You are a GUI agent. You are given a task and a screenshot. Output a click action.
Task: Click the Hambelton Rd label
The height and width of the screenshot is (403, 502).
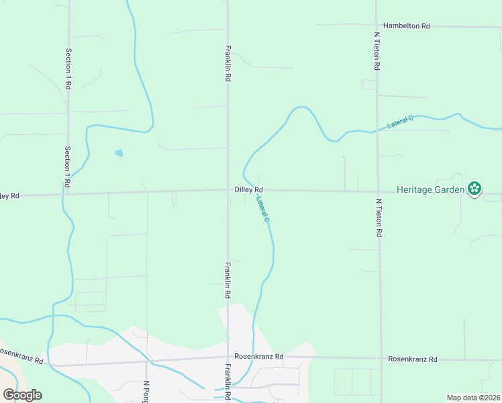coord(406,26)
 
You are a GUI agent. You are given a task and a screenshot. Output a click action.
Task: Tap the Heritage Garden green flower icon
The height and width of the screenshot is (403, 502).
coord(474,189)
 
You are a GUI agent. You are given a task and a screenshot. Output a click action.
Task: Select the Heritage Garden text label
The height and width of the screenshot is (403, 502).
coord(430,189)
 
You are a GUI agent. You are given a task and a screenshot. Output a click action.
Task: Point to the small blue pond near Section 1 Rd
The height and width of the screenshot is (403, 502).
coord(119,153)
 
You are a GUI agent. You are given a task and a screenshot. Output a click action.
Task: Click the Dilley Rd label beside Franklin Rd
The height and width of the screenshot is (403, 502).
coord(248,190)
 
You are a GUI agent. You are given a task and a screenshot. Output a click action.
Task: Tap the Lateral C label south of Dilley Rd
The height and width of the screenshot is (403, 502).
coord(262,209)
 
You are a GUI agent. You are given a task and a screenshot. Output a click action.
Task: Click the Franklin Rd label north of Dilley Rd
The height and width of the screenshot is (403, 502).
coord(228,64)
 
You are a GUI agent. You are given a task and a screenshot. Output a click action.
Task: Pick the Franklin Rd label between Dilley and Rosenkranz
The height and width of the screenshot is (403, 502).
coord(228,280)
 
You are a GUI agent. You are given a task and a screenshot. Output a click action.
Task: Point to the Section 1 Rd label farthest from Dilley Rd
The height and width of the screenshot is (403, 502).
coord(68,69)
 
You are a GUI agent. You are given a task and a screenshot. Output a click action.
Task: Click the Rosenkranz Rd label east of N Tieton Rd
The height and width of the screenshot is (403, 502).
coord(412,359)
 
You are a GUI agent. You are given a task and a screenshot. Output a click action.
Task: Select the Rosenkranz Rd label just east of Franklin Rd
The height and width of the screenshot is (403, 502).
coord(258,357)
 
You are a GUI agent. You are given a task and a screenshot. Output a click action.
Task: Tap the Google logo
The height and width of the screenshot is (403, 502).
coord(22,395)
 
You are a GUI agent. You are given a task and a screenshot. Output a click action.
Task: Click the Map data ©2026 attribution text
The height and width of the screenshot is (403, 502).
coord(473,398)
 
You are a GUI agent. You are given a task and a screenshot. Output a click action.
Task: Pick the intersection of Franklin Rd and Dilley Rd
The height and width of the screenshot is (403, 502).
coord(228,190)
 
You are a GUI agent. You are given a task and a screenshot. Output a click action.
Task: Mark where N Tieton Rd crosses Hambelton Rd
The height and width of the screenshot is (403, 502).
coord(376,26)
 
